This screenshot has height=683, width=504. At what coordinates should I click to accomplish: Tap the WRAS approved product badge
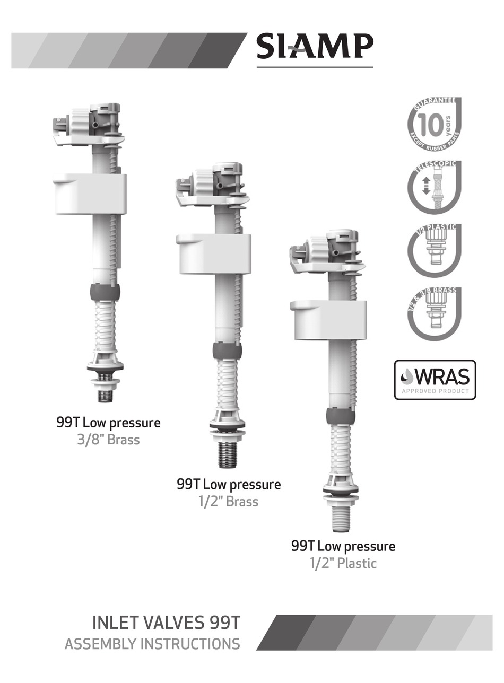[x=435, y=380]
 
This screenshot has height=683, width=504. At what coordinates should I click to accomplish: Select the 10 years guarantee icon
[x=434, y=124]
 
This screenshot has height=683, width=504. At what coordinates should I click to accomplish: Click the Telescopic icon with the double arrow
[x=434, y=187]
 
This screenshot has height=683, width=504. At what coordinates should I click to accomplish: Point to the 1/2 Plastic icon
[x=434, y=250]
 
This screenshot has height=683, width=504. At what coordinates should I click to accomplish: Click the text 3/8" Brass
[x=108, y=440]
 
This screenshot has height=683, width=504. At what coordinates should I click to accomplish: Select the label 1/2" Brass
[x=229, y=502]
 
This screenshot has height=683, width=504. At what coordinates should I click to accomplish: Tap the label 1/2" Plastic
[x=343, y=563]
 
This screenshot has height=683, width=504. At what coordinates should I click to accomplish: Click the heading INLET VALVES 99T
[x=166, y=623]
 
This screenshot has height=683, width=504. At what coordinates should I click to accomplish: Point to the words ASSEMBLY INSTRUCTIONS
[x=152, y=644]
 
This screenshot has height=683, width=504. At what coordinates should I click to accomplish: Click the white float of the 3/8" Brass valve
[x=90, y=194]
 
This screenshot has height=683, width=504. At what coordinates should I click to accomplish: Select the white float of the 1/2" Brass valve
[x=214, y=254]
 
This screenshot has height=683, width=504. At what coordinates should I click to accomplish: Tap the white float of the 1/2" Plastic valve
[x=329, y=320]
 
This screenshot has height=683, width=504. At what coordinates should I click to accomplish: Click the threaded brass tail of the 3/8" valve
[x=105, y=396]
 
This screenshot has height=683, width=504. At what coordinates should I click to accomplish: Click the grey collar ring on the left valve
[x=105, y=292]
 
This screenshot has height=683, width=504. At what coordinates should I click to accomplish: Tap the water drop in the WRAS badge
[x=407, y=376]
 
